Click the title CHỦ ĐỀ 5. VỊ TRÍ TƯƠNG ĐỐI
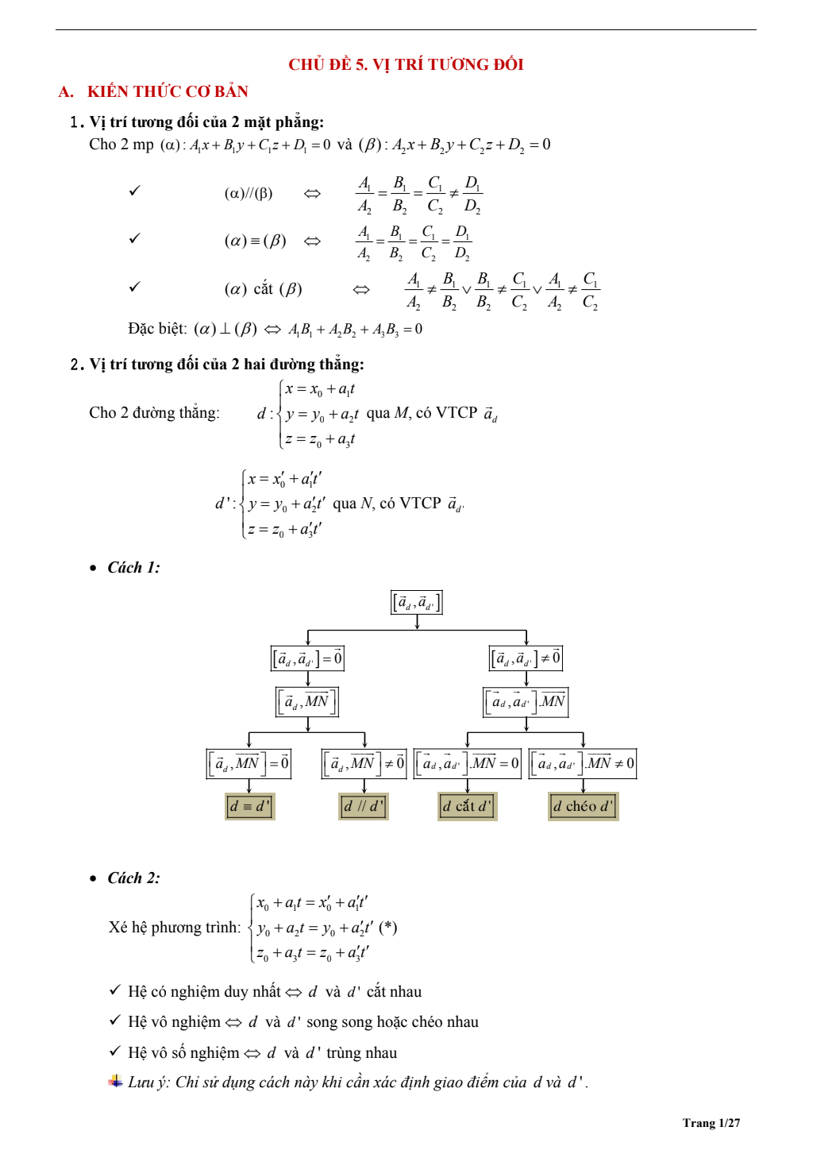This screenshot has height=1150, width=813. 406,64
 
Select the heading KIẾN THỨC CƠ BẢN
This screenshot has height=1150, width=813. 168,91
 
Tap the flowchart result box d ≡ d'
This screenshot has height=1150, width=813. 249,806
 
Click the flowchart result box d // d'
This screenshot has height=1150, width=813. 364,806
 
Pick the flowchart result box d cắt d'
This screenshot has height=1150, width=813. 468,806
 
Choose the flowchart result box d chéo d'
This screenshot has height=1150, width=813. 584,806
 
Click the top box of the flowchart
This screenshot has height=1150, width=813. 417,602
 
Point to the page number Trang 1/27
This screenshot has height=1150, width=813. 711,1122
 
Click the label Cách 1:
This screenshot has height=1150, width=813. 133,567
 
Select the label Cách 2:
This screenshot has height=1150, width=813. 133,878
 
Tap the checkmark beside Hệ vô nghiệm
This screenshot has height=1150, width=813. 115,1021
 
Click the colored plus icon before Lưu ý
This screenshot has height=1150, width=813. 116,1081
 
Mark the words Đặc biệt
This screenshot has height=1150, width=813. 157,329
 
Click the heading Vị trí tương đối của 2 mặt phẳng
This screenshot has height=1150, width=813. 206,122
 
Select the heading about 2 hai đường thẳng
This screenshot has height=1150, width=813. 226,364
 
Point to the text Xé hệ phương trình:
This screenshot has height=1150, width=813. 175,927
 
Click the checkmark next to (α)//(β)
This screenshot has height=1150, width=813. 135,191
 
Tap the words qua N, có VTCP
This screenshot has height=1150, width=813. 387,504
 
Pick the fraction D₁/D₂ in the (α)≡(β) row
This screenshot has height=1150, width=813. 462,242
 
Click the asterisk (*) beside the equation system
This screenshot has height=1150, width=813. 388,927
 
